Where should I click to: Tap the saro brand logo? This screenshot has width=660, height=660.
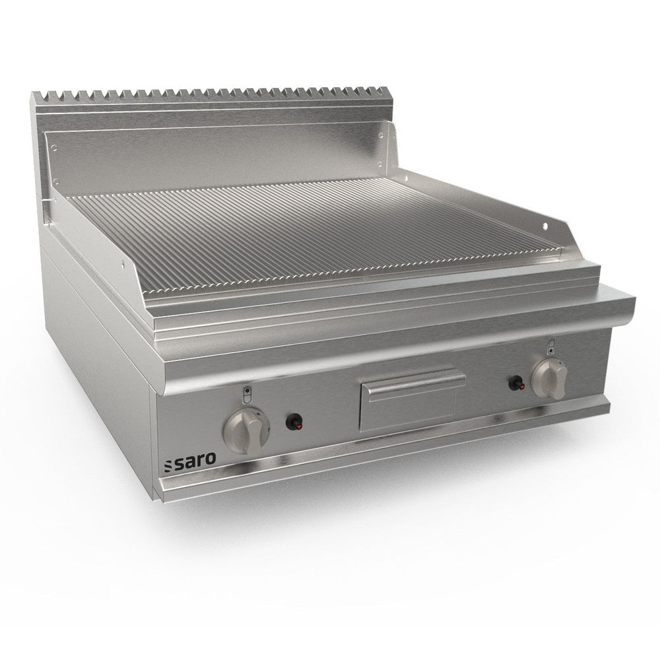[190, 460]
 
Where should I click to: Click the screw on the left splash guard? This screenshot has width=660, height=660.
[123, 265]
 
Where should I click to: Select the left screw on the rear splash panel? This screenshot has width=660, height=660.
[54, 147]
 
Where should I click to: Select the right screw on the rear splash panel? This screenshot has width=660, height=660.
[380, 135]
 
